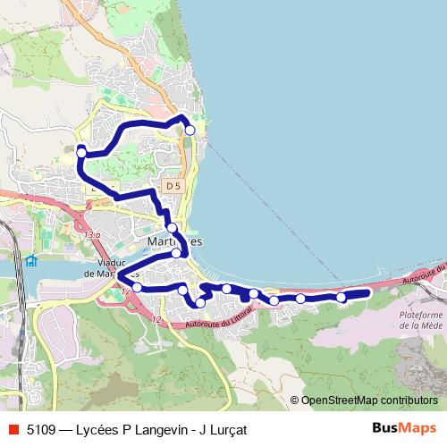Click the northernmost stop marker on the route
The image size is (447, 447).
[x=190, y=130]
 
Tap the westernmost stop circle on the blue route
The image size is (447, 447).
[x=81, y=153]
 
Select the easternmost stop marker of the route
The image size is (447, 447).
[x=341, y=298]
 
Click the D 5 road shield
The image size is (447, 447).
[x=173, y=185]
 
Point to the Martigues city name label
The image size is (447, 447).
[x=174, y=242]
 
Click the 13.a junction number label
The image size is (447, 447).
[x=93, y=235]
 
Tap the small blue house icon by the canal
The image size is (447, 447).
[x=32, y=261]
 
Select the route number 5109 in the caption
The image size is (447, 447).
[x=41, y=429]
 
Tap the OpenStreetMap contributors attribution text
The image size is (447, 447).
[x=368, y=401]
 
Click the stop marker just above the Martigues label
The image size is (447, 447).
[x=172, y=228]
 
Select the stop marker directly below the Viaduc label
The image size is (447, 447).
[x=137, y=288]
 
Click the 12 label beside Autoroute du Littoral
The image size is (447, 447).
[x=157, y=319]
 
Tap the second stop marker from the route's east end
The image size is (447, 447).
[x=300, y=299]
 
